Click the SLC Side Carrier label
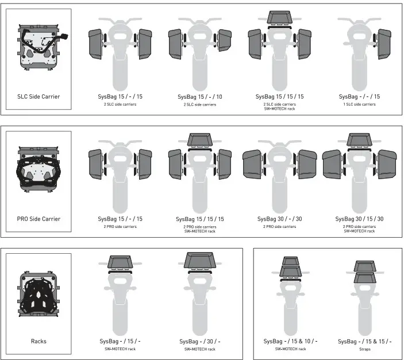click(x=39, y=96)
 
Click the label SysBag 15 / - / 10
click(x=200, y=96)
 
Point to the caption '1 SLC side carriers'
click(x=360, y=104)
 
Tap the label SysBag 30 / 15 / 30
click(x=360, y=219)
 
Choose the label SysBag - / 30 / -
click(x=200, y=341)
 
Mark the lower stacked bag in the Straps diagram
click(x=364, y=278)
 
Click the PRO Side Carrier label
click(x=39, y=219)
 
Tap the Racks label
click(x=39, y=341)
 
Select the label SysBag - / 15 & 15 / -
click(x=365, y=341)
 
